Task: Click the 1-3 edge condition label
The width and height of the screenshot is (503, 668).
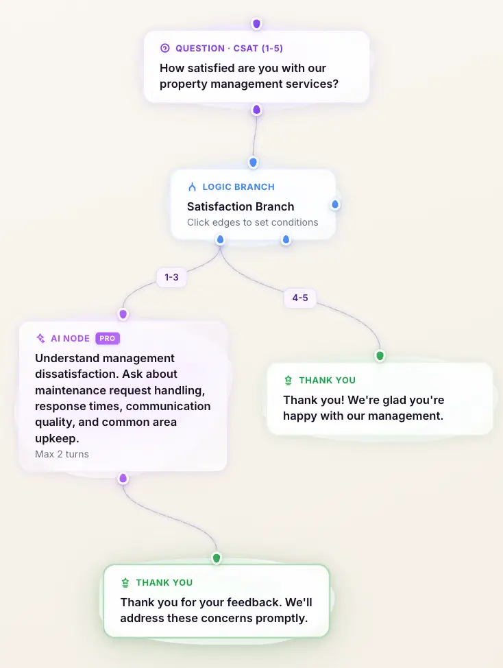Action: point(171,277)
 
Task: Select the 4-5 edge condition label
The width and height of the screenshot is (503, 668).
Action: point(300,298)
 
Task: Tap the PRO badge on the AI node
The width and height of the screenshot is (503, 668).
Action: point(107,338)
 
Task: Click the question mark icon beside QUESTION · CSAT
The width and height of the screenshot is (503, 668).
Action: point(164,48)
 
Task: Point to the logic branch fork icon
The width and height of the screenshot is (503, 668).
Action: point(192,187)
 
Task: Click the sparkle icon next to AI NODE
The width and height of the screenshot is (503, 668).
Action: point(40,338)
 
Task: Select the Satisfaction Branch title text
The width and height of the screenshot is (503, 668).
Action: point(241,206)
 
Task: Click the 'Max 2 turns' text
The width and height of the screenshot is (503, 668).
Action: point(62,454)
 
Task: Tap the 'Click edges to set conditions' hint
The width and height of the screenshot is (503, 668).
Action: point(252,222)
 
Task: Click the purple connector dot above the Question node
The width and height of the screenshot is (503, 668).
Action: point(256,23)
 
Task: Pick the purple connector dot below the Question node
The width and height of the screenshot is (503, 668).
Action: point(256,110)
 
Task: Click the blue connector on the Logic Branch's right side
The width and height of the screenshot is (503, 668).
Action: point(335,204)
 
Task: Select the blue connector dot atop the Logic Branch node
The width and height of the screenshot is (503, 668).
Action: point(253,163)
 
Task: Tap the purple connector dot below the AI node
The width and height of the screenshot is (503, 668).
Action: point(123,479)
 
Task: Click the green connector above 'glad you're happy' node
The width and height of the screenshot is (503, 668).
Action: point(380,355)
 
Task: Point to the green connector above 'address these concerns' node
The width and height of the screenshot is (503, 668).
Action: point(217,558)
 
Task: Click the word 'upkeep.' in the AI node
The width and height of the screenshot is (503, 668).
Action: point(57,438)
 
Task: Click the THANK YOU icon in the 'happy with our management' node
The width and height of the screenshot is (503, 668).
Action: point(288,380)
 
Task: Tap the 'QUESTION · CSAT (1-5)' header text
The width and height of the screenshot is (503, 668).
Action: point(229,48)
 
